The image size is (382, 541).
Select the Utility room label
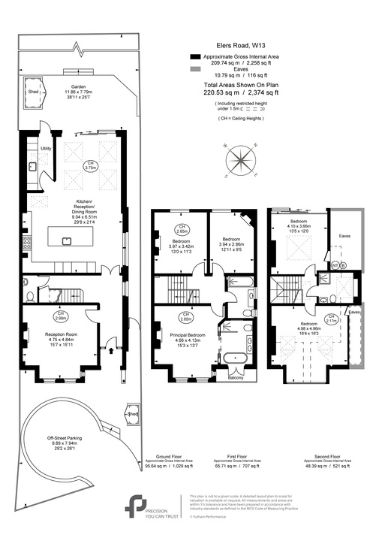[x=46, y=149]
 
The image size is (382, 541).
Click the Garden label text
[x=74, y=86]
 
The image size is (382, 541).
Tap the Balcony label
[x=234, y=388]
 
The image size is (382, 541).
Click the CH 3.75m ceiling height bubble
[x=91, y=166]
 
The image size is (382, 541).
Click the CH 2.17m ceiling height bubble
[x=332, y=319]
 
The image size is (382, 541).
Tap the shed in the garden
[x=34, y=92]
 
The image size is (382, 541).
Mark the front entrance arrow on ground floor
[x=112, y=348]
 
